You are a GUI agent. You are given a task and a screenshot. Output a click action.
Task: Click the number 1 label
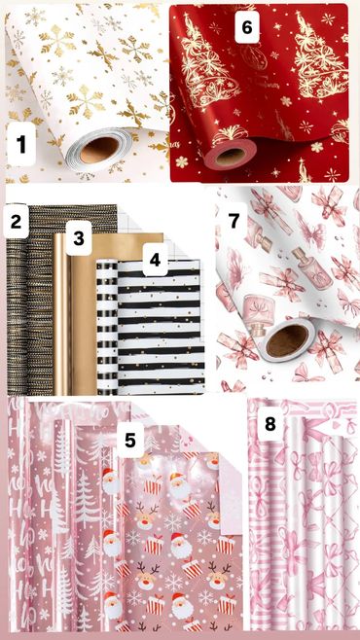21,144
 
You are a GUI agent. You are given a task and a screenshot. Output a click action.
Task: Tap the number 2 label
16,221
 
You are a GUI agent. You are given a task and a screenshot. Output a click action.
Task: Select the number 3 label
79,238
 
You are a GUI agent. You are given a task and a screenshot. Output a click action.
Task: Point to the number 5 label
130,440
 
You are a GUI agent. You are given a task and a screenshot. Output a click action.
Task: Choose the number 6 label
247,27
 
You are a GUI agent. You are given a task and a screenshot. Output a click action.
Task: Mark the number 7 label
234,220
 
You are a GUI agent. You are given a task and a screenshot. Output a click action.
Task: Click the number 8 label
270,424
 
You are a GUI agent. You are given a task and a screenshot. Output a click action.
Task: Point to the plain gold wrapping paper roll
62,314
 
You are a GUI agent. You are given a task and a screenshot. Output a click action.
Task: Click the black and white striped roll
107,328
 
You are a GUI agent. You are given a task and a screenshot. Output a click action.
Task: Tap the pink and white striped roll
261,518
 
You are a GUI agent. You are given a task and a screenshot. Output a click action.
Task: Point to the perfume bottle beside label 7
266,234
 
